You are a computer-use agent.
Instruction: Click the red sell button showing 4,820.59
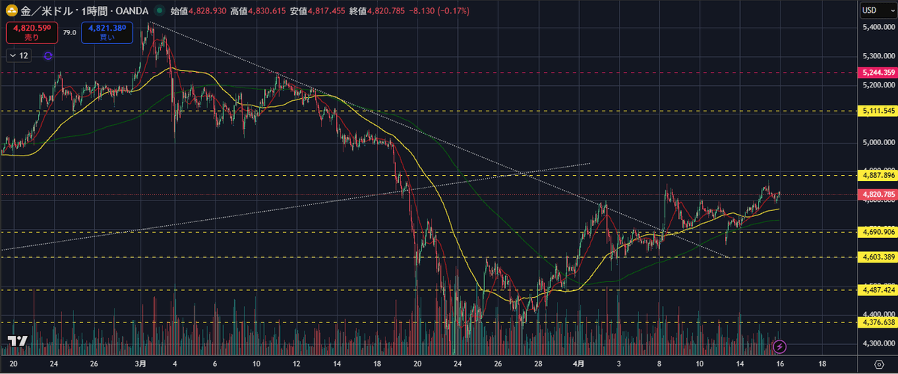point(31,32)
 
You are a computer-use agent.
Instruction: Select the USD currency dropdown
point(874,10)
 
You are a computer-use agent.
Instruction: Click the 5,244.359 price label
point(878,73)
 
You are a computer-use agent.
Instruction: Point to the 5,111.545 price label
point(878,111)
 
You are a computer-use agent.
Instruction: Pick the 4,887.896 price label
point(878,175)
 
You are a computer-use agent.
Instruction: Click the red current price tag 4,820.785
point(878,195)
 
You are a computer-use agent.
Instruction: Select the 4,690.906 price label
point(878,233)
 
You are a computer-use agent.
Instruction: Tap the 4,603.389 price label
point(878,257)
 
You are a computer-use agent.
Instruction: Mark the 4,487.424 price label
point(878,289)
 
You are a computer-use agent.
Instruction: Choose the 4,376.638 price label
point(878,322)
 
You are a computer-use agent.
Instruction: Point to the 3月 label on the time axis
point(141,364)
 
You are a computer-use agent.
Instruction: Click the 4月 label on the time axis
point(578,364)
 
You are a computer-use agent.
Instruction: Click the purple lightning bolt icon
point(780,346)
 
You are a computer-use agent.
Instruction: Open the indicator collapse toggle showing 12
point(19,56)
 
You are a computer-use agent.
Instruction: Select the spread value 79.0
point(69,32)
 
